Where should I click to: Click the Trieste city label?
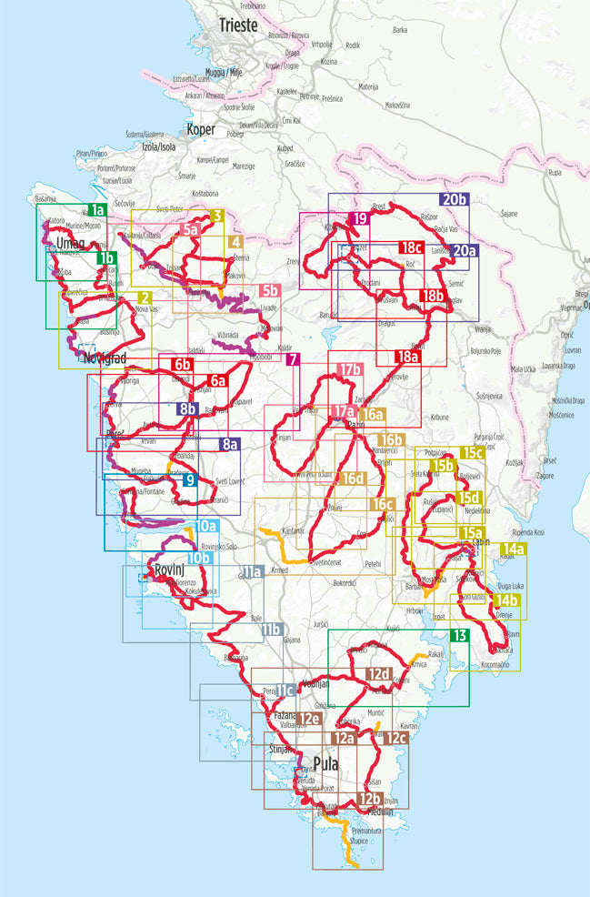point(238,25)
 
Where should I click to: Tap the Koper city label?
point(200,129)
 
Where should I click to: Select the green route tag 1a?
point(98,210)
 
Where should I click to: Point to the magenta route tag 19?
point(360,218)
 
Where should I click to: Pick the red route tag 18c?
point(411,247)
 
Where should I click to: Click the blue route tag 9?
point(189,479)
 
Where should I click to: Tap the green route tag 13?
point(460,636)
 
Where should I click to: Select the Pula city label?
point(325,762)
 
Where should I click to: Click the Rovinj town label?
point(170,570)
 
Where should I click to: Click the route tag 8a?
point(229,445)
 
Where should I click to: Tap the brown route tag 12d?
point(379,674)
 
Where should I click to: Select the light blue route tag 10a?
point(206,526)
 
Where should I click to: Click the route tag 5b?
point(268,291)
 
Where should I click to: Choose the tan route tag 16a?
point(374,415)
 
